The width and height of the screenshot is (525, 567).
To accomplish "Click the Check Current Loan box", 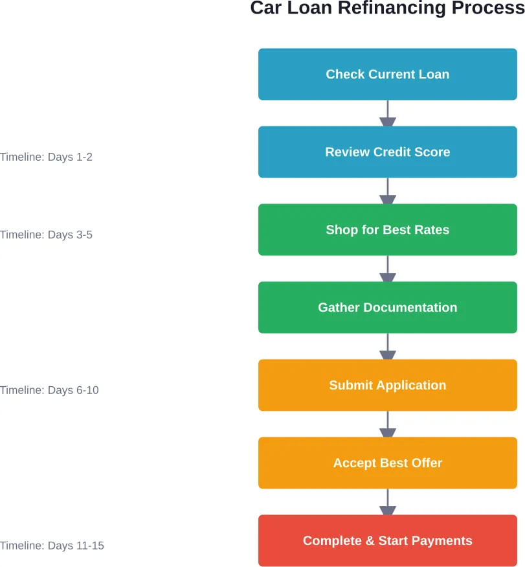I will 387,74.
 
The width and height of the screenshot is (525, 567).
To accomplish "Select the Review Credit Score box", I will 387,152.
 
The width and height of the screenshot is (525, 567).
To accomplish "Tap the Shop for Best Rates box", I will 387,229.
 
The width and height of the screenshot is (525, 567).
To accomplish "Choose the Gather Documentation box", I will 387,307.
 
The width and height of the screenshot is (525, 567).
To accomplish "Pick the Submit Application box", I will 387,385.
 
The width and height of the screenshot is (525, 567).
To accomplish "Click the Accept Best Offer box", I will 387,463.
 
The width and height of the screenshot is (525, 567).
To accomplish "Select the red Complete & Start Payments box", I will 387,540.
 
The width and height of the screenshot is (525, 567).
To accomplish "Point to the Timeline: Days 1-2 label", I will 46,157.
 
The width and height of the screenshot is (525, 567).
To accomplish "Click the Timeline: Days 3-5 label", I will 46,235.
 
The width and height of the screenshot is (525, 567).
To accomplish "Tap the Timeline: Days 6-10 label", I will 49,390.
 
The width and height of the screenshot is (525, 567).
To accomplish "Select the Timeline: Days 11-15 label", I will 52,546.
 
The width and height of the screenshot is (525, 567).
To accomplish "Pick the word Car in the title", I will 266,8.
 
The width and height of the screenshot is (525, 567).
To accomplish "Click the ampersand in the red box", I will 368,540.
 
